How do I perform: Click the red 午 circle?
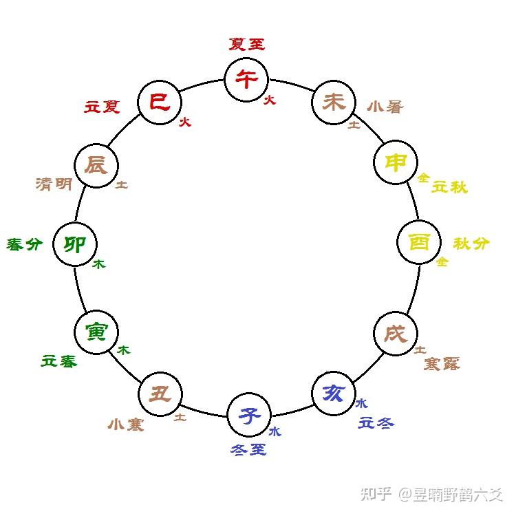click(246, 78)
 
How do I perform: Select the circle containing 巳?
click(159, 103)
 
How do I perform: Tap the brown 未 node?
click(334, 103)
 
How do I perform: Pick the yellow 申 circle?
click(396, 163)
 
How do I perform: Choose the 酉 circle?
click(419, 243)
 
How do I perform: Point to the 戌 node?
click(396, 334)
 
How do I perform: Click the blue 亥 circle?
click(334, 394)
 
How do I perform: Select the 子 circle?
click(249, 416)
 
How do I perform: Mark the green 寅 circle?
click(96, 332)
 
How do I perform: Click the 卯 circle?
click(74, 244)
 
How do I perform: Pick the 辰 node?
click(96, 166)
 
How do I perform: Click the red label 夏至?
click(246, 45)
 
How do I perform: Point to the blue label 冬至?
click(248, 450)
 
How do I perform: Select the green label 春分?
click(25, 244)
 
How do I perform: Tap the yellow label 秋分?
click(471, 243)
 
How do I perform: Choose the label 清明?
click(54, 184)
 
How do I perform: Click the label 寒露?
click(442, 363)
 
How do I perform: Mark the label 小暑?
click(385, 107)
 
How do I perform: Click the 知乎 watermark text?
click(376, 494)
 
